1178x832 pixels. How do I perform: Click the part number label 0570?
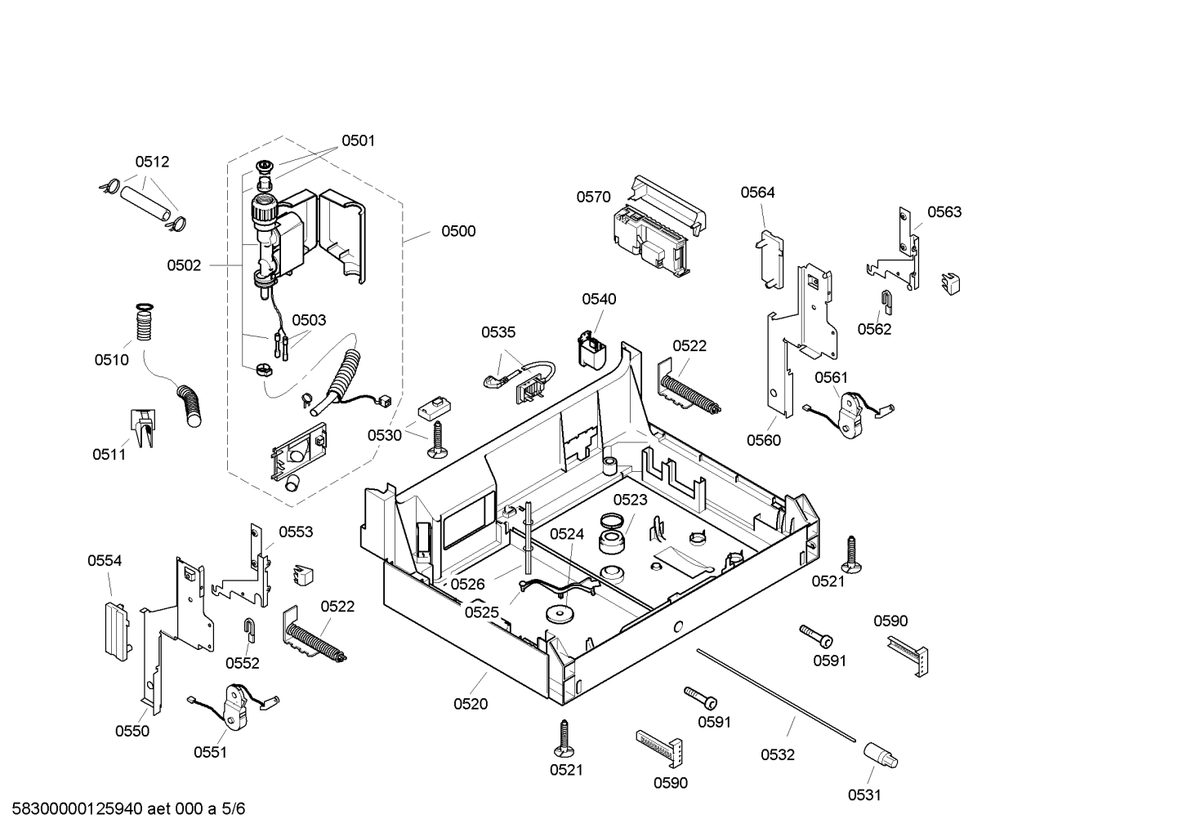pos(593,197)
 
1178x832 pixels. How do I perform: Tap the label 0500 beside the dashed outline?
pos(458,231)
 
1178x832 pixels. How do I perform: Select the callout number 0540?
pos(599,299)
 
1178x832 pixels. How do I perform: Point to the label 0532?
pos(777,754)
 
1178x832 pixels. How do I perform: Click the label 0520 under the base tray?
pos(471,704)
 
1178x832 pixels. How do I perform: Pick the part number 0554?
pos(104,561)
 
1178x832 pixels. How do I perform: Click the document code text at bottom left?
pos(128,808)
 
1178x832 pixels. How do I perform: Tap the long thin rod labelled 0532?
pos(776,696)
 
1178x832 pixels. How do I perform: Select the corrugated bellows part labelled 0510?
pos(145,323)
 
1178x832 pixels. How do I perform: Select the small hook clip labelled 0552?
pos(250,630)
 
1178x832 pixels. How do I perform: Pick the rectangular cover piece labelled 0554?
pos(116,632)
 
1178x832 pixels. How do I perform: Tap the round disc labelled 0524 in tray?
pos(560,613)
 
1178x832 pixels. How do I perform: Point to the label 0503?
pos(309,320)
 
